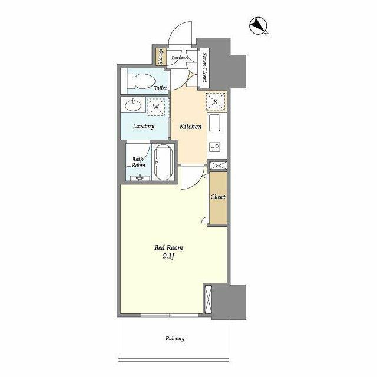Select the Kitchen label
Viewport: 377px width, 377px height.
pyautogui.click(x=190, y=127)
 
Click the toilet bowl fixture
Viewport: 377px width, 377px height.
pyautogui.click(x=141, y=81)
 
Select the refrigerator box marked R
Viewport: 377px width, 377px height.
pyautogui.click(x=216, y=101)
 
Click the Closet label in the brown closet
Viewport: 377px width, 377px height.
pyautogui.click(x=218, y=197)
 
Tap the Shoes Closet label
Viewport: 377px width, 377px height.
pyautogui.click(x=204, y=66)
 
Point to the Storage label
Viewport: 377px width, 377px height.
pyautogui.click(x=160, y=57)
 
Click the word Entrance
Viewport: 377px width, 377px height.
pyautogui.click(x=180, y=58)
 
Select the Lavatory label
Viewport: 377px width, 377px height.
pyautogui.click(x=143, y=127)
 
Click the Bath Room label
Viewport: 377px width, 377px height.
pyautogui.click(x=138, y=162)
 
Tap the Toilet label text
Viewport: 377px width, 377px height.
pyautogui.click(x=160, y=88)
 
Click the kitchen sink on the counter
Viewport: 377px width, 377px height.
pyautogui.click(x=215, y=124)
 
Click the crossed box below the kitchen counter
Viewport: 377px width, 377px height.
pyautogui.click(x=216, y=166)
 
